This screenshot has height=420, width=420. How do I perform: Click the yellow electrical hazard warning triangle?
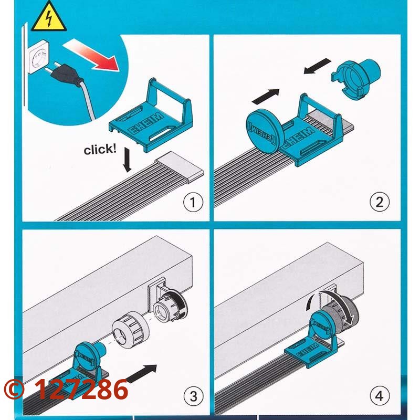[x=48, y=17]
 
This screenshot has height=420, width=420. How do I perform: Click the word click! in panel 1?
[x=100, y=149]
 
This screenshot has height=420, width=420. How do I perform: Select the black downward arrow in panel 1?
[x=127, y=160]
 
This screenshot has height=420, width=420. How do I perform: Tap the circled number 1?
[x=193, y=203]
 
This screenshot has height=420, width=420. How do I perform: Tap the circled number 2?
[x=380, y=202]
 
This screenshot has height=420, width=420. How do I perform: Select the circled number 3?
[x=193, y=396]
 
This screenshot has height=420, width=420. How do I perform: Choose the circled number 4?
[x=380, y=396]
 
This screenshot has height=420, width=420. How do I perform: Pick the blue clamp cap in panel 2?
[x=356, y=77]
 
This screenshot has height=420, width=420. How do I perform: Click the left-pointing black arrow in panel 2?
[x=318, y=66]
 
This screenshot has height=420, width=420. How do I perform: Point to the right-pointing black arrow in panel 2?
[x=266, y=97]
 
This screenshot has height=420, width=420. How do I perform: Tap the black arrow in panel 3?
[x=141, y=373]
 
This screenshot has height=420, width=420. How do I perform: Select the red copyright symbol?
[x=14, y=389]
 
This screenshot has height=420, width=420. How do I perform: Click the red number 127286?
[x=81, y=389]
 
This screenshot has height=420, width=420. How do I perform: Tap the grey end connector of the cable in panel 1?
[x=180, y=167]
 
